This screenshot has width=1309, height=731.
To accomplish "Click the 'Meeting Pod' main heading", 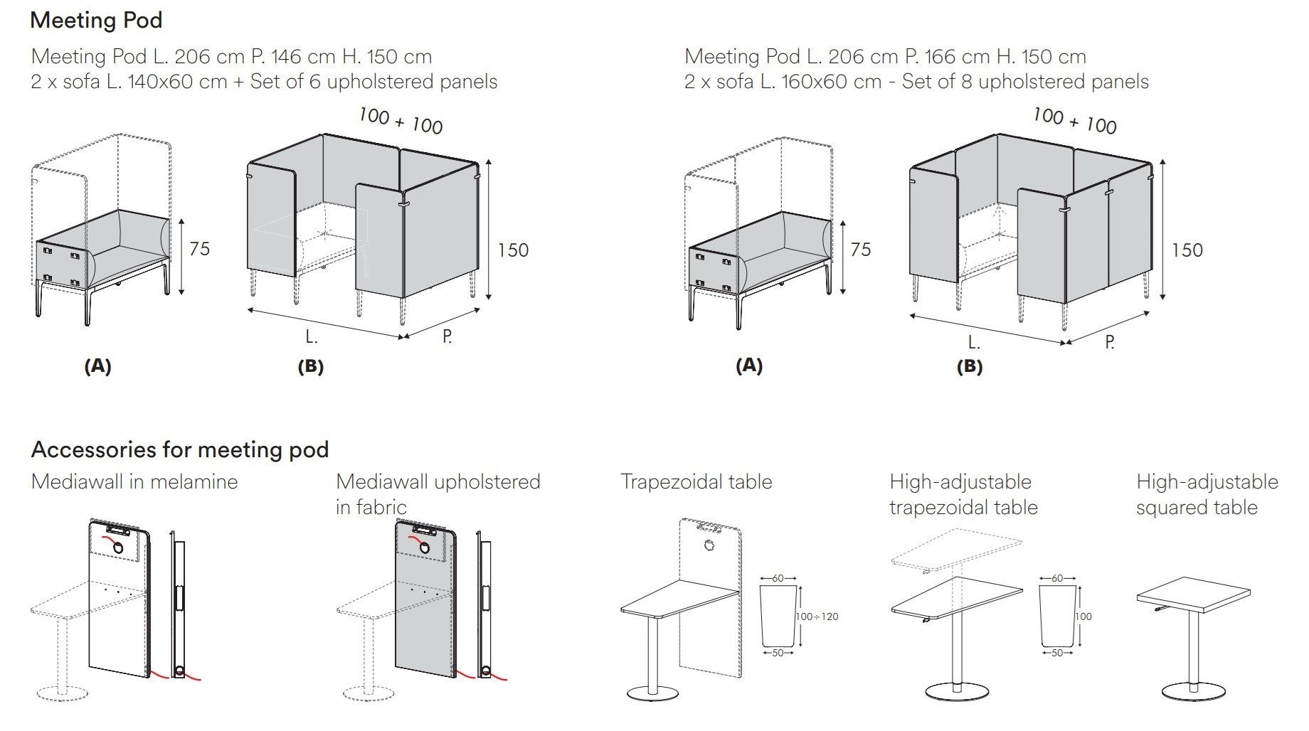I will [x=96, y=20].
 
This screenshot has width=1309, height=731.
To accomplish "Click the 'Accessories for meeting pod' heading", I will [x=180, y=449].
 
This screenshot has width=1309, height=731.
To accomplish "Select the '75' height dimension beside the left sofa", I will [x=199, y=249].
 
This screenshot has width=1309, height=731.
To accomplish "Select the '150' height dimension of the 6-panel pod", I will [x=512, y=250].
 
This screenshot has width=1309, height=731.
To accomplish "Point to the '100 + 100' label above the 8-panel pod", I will [x=1074, y=120].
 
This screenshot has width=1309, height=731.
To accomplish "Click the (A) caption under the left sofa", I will [x=97, y=366].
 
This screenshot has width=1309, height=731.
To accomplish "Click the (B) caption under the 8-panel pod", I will [x=970, y=367].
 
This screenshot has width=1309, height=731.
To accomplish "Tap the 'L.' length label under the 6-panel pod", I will [x=312, y=338].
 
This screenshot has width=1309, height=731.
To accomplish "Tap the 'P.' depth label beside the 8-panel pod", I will [x=1109, y=343].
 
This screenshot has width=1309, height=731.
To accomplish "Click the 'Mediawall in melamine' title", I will [x=134, y=481].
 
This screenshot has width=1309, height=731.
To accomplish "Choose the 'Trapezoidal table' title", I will [x=696, y=481].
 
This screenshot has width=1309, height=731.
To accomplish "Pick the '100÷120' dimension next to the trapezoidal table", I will [x=817, y=617].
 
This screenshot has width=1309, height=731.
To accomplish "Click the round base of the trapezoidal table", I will [x=652, y=693].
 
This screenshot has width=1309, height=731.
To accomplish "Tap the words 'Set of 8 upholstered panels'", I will [x=1025, y=82].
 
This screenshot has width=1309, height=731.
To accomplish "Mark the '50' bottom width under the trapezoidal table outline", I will [x=778, y=652].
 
